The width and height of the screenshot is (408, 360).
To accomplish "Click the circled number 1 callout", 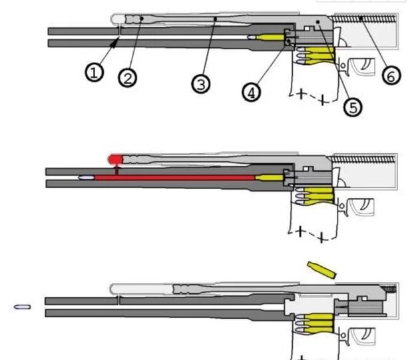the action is pyautogui.click(x=95, y=73).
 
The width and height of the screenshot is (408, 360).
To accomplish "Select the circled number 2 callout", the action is pyautogui.click(x=127, y=78).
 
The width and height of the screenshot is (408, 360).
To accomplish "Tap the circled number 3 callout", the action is pyautogui.click(x=201, y=85).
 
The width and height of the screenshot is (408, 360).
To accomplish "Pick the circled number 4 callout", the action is pyautogui.click(x=252, y=92).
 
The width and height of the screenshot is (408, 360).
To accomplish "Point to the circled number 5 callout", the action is pyautogui.click(x=353, y=107).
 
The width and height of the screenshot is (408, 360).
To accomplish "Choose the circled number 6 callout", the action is pyautogui.click(x=391, y=76).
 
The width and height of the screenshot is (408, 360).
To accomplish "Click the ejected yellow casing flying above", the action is pyautogui.click(x=322, y=270).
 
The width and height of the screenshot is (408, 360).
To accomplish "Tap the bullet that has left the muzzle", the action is pyautogui.click(x=22, y=307).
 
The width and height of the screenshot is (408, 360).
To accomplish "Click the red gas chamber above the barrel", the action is pyautogui.click(x=115, y=159).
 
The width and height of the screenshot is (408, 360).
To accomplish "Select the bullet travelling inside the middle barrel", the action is pyautogui.click(x=87, y=178).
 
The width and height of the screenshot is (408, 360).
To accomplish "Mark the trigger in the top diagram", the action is pyautogui.click(x=365, y=65).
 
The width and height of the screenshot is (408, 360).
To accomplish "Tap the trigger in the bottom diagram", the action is pyautogui.click(x=365, y=335).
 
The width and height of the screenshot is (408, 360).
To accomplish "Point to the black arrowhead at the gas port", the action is pyautogui.click(x=114, y=43).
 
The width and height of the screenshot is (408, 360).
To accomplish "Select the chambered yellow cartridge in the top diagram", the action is pyautogui.click(x=266, y=37).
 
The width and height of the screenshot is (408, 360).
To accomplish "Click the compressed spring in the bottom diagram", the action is pyautogui.click(x=389, y=288).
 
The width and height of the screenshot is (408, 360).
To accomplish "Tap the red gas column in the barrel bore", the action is pyautogui.click(x=174, y=178).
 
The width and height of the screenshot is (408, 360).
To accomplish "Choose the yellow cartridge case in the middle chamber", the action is pyautogui.click(x=269, y=178).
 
